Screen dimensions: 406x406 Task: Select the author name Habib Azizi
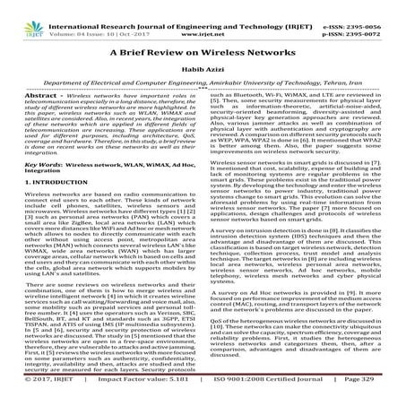click(x=203, y=74)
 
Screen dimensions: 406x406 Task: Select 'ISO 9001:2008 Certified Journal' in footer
click(x=258, y=396)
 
